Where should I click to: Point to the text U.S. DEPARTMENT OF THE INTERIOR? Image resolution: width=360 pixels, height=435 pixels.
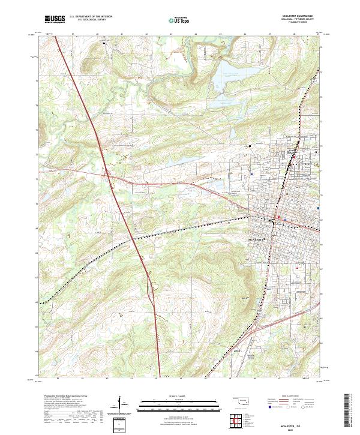tap(91, 17)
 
